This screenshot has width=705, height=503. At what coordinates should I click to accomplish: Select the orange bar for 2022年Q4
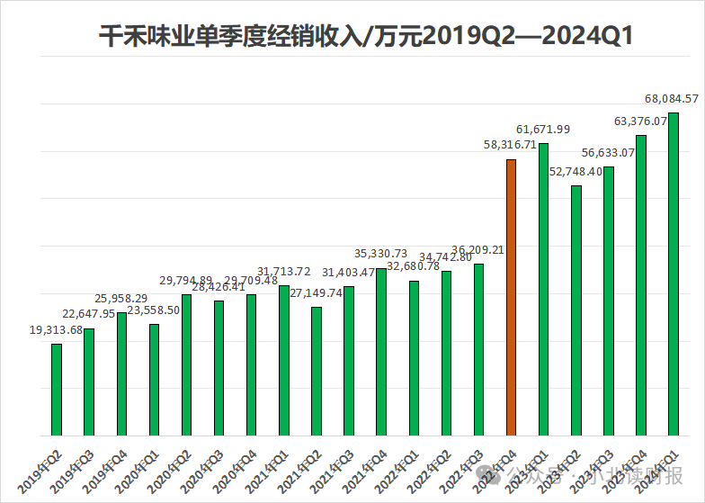[x=511, y=297]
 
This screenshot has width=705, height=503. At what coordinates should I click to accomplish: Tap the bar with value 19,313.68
[x=57, y=390]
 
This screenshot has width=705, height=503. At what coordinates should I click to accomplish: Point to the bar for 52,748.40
[x=576, y=310]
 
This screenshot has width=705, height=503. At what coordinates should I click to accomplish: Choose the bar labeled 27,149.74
[x=316, y=371]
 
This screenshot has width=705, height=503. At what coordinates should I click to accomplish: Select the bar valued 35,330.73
[x=381, y=352]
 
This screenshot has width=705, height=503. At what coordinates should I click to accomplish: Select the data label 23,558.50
[x=154, y=310]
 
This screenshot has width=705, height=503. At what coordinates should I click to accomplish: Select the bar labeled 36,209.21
[x=478, y=350]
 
